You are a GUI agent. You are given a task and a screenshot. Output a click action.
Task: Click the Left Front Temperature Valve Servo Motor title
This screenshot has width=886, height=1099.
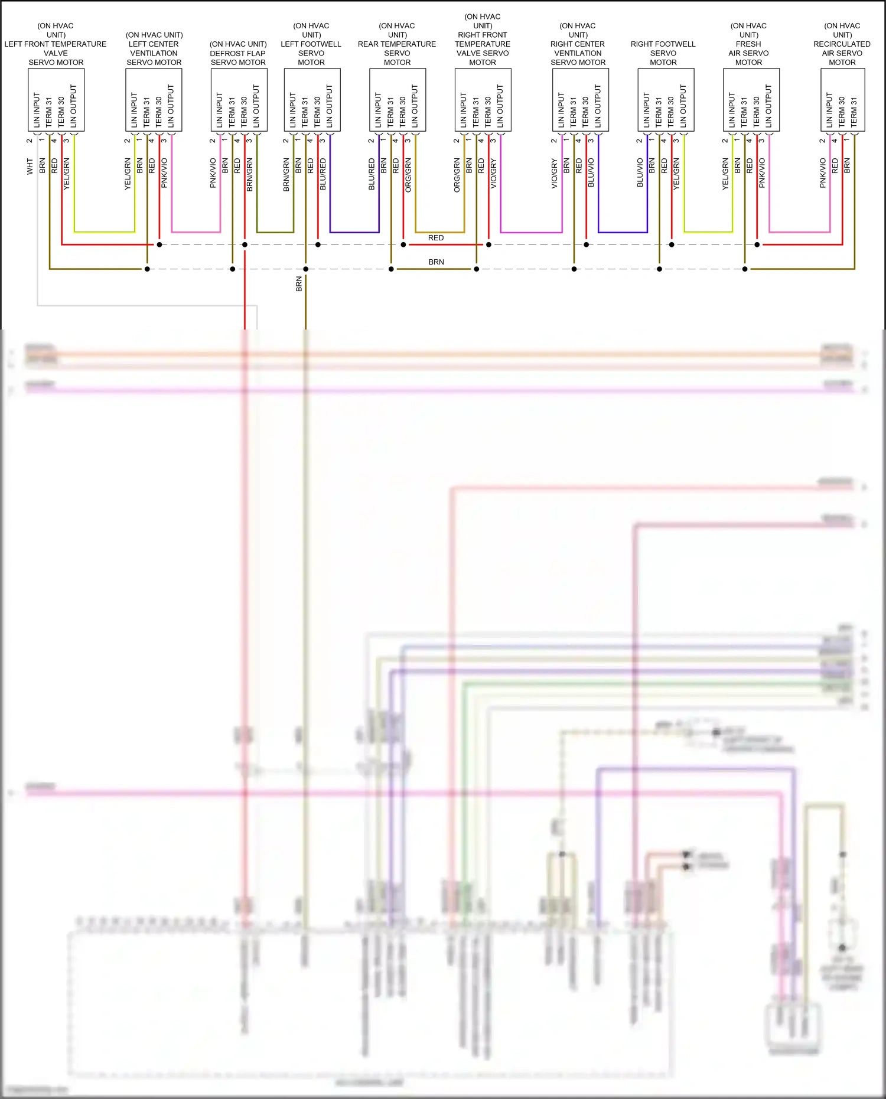pos(56,44)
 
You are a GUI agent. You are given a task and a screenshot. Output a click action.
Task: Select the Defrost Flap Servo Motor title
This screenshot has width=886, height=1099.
pos(238,53)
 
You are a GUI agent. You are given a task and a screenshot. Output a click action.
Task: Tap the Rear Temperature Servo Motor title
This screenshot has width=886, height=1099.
pos(397,44)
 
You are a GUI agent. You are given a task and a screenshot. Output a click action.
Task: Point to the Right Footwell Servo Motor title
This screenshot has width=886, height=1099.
pos(663,53)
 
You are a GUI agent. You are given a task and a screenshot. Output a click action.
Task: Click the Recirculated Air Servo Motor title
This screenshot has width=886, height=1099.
pos(842,44)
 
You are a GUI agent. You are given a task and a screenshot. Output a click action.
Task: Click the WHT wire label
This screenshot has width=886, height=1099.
pos(30,167)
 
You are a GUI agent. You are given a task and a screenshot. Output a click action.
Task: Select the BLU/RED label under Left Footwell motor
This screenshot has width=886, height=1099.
pos(323,174)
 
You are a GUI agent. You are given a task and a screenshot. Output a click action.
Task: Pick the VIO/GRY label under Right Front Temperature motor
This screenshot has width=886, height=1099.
pos(493,174)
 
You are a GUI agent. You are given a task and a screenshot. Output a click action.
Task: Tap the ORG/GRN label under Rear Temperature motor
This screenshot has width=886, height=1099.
pos(408,175)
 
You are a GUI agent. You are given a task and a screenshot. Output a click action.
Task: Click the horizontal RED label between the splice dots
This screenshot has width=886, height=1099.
pos(436,238)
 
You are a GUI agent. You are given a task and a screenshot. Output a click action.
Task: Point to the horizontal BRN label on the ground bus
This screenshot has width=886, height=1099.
pos(436,262)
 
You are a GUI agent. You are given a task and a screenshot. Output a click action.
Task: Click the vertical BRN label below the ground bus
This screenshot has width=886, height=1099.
pos(299,284)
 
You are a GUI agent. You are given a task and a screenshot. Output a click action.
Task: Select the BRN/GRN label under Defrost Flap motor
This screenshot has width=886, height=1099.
pos(249,174)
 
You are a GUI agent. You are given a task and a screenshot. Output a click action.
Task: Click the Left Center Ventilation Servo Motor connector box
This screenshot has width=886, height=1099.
pos(154,100)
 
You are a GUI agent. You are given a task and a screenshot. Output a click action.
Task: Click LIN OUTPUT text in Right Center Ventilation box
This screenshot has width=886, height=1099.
pos(598,106)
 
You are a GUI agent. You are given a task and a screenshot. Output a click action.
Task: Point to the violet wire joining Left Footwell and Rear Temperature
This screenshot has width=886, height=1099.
pos(354,232)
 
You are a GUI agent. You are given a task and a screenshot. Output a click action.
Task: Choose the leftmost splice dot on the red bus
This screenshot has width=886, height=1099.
pos(159,244)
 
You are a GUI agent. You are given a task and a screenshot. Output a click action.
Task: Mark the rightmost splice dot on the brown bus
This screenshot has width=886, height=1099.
pos(745,269)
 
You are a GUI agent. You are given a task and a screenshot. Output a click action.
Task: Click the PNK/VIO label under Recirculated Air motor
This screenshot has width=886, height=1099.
pos(823,173)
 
